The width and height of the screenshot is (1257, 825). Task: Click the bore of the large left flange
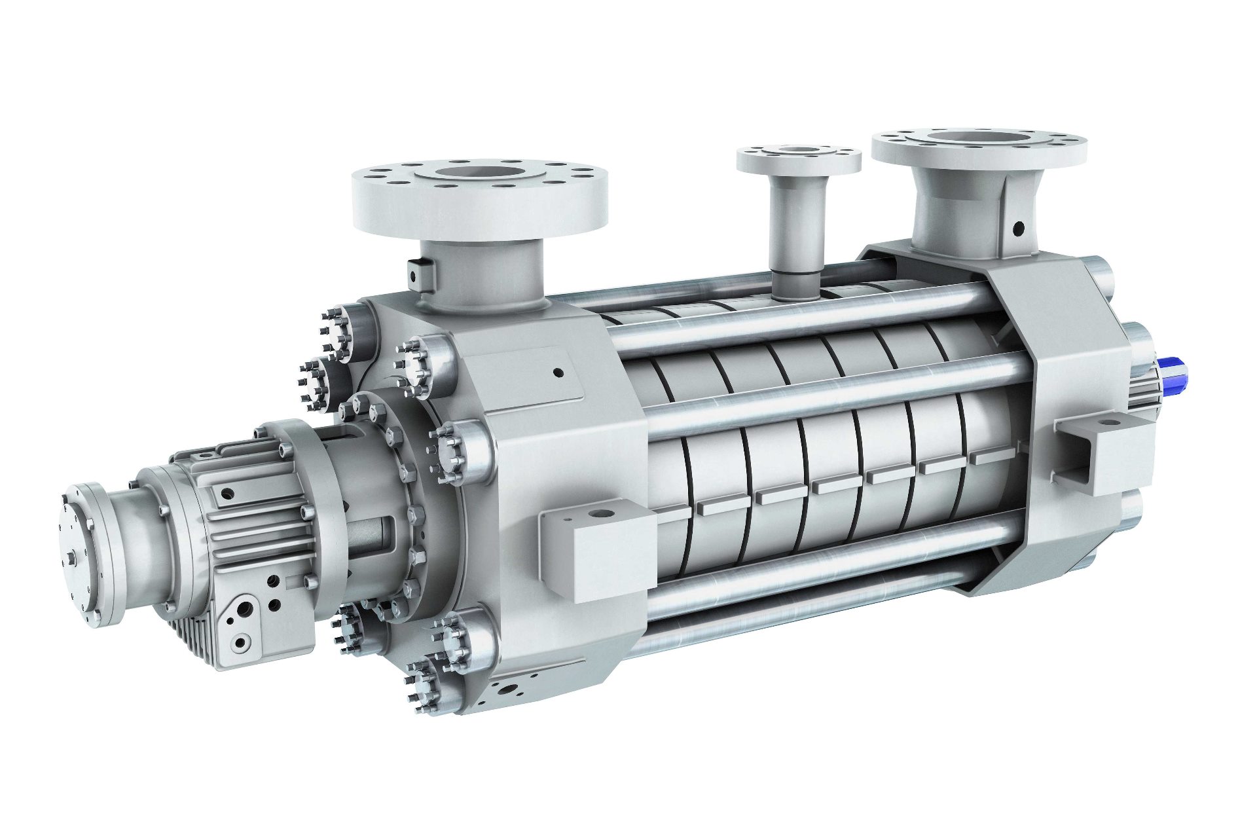point(480,174)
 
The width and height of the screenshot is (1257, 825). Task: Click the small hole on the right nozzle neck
point(1017,229)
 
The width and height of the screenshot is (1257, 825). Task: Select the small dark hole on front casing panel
point(558,373)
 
